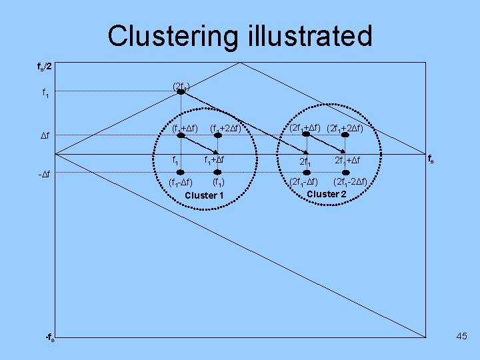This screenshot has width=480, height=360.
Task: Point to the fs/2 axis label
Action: [46, 67]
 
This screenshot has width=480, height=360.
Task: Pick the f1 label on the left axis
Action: [45, 94]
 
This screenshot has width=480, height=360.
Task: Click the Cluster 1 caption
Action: [203, 195]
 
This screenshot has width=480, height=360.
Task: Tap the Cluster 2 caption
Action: [327, 194]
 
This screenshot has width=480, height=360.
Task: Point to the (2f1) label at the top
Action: [181, 85]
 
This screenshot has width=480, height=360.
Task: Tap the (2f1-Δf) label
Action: [303, 181]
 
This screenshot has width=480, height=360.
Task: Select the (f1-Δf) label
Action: [180, 181]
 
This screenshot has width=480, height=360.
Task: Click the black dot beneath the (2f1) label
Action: [181, 92]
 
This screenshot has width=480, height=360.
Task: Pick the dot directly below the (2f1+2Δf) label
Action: [345, 135]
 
